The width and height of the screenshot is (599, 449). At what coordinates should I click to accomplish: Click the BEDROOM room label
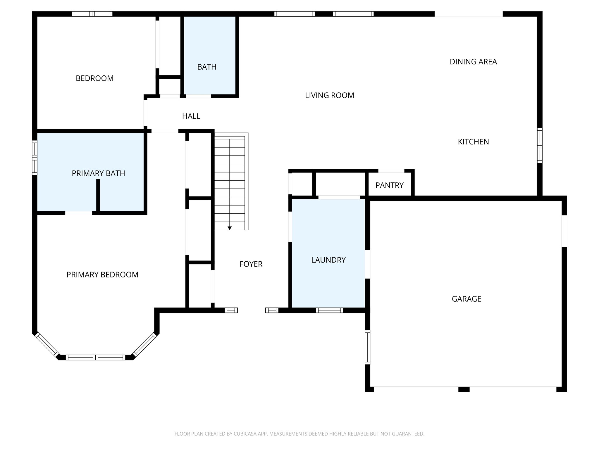point(94,78)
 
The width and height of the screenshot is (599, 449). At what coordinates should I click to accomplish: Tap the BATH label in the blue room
point(207,67)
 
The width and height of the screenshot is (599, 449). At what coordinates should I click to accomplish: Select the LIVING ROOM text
point(329,95)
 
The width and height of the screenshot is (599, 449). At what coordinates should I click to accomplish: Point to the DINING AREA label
point(473,62)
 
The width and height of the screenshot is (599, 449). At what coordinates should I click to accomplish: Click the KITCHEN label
point(473,142)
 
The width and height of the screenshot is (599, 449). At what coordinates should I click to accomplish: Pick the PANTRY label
point(389,185)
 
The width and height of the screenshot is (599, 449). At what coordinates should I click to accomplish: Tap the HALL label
point(191,116)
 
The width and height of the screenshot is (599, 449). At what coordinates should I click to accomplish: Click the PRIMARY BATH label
point(98,173)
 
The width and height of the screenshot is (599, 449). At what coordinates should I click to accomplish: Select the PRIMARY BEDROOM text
point(102,275)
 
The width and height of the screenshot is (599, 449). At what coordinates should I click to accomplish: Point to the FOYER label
point(251,264)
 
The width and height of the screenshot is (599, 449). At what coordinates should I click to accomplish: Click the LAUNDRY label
point(328,260)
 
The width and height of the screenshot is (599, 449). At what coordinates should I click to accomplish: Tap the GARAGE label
point(466,299)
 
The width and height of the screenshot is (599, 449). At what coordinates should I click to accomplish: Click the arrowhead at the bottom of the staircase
point(230,228)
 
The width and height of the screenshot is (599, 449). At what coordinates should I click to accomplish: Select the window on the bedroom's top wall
point(92,14)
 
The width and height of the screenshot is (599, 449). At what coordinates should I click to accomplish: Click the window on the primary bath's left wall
point(35,158)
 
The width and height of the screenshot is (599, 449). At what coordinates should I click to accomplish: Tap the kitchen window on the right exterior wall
point(540,145)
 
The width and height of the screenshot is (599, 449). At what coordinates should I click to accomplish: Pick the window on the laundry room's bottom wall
point(329,310)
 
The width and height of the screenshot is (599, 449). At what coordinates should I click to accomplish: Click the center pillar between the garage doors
point(464,389)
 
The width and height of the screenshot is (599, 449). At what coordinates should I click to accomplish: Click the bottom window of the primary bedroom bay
point(95,357)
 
